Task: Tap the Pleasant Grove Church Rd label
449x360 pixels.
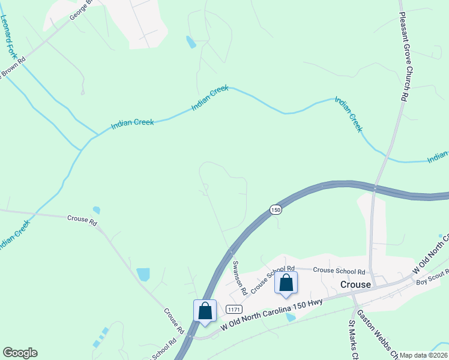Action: (x=403, y=57)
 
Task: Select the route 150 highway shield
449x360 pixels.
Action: (x=275, y=209)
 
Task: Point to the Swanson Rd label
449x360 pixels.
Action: (x=240, y=277)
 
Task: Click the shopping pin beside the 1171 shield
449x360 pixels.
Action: (x=205, y=311)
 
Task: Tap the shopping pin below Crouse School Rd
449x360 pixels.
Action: (x=286, y=283)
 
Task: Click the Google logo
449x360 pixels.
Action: (x=20, y=353)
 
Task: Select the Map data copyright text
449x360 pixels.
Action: (x=424, y=355)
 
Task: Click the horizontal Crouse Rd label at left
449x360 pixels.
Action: (x=82, y=220)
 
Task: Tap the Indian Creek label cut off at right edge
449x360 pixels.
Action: (x=438, y=158)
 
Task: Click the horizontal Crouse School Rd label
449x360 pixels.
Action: (x=339, y=271)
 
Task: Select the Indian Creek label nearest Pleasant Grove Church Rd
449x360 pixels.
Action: (x=349, y=114)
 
